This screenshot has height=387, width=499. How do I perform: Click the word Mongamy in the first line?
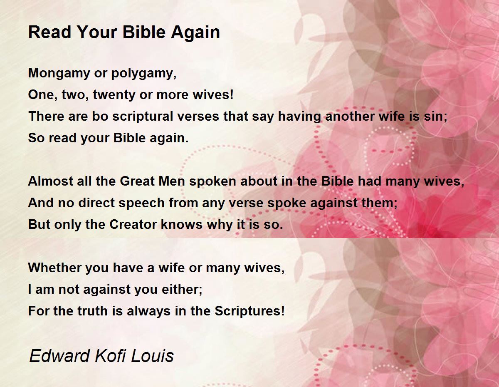(59, 74)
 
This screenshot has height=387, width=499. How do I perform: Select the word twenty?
(114, 95)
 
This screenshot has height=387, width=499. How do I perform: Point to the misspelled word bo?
(100, 116)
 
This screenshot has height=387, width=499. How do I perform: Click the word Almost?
(50, 181)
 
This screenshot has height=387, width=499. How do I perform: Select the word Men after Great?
(172, 181)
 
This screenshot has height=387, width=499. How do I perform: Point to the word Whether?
(54, 268)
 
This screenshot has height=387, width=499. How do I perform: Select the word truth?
(93, 311)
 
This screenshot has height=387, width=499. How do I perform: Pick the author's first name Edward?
(59, 356)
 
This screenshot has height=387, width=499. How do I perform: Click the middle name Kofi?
(110, 356)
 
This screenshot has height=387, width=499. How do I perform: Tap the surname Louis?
(152, 356)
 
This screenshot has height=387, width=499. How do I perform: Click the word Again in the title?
(195, 32)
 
